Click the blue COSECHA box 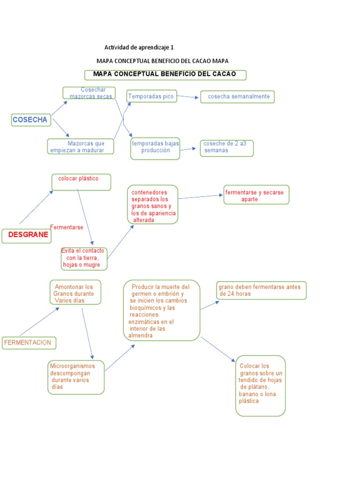click(30, 120)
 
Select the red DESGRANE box click(26, 236)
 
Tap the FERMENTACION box click(29, 343)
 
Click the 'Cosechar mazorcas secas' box click(89, 93)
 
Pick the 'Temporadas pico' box click(151, 97)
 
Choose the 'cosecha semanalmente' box click(238, 97)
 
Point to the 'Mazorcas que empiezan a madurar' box click(82, 146)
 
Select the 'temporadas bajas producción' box click(155, 148)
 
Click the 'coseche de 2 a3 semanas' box click(227, 148)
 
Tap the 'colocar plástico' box click(81, 182)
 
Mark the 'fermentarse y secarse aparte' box click(256, 195)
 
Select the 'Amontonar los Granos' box click(75, 292)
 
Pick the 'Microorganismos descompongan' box click(76, 377)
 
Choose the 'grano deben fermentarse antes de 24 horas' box click(261, 290)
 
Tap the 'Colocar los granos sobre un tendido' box click(261, 386)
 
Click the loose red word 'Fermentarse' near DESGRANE click(67, 227)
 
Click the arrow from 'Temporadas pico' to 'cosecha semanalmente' click(188, 97)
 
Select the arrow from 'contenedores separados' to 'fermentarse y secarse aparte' click(201, 196)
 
